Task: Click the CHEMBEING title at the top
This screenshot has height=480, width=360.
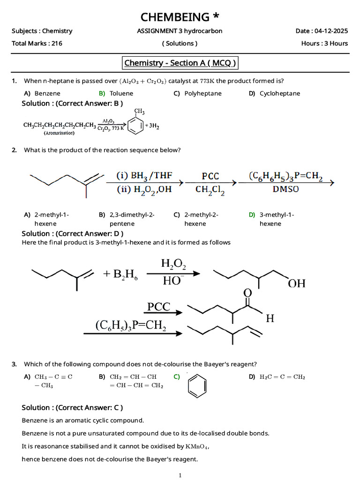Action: [x=180, y=17]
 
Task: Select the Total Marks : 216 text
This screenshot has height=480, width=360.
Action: [x=37, y=43]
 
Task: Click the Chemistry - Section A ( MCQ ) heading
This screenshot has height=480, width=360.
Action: [x=180, y=63]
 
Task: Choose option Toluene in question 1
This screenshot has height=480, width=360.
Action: [x=121, y=93]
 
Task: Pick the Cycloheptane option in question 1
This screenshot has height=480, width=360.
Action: [x=279, y=93]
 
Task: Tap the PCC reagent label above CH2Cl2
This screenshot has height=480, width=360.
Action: [x=210, y=176]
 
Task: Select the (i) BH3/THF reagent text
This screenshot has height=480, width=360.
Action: [x=144, y=176]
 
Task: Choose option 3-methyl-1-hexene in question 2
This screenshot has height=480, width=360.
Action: [x=277, y=219]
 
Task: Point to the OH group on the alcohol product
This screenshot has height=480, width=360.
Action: [x=297, y=283]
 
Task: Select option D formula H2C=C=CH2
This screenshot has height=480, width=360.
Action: [x=282, y=377]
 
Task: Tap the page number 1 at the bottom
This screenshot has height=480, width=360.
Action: [x=180, y=475]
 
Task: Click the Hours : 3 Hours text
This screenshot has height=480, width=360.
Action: [x=324, y=43]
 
